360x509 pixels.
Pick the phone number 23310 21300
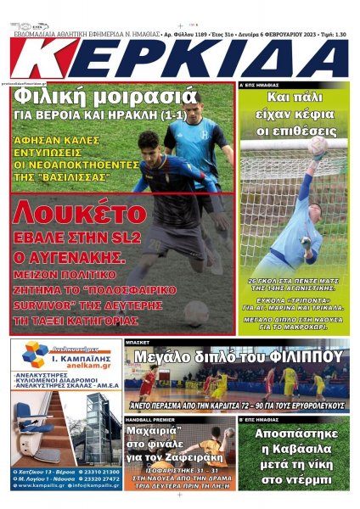[99, 470]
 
